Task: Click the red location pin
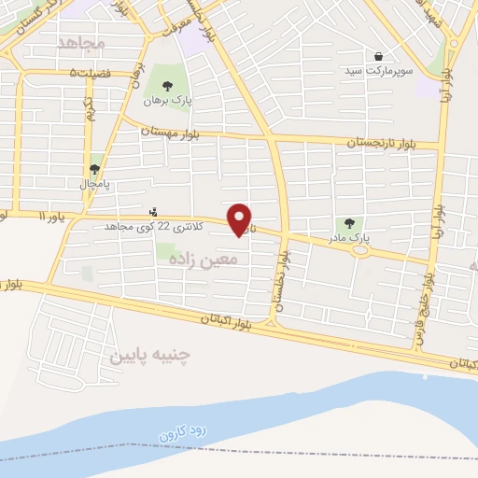pyautogui.click(x=241, y=218)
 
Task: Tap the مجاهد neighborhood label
pyautogui.click(x=82, y=43)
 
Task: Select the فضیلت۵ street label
pyautogui.click(x=90, y=73)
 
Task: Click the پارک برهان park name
pyautogui.click(x=167, y=100)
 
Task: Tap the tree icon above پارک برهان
pyautogui.click(x=167, y=86)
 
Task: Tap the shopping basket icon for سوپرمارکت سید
pyautogui.click(x=377, y=56)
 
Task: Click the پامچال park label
pyautogui.click(x=94, y=184)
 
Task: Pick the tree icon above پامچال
pyautogui.click(x=94, y=170)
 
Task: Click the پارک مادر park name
pyautogui.click(x=348, y=238)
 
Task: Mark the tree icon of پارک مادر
pyautogui.click(x=348, y=224)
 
